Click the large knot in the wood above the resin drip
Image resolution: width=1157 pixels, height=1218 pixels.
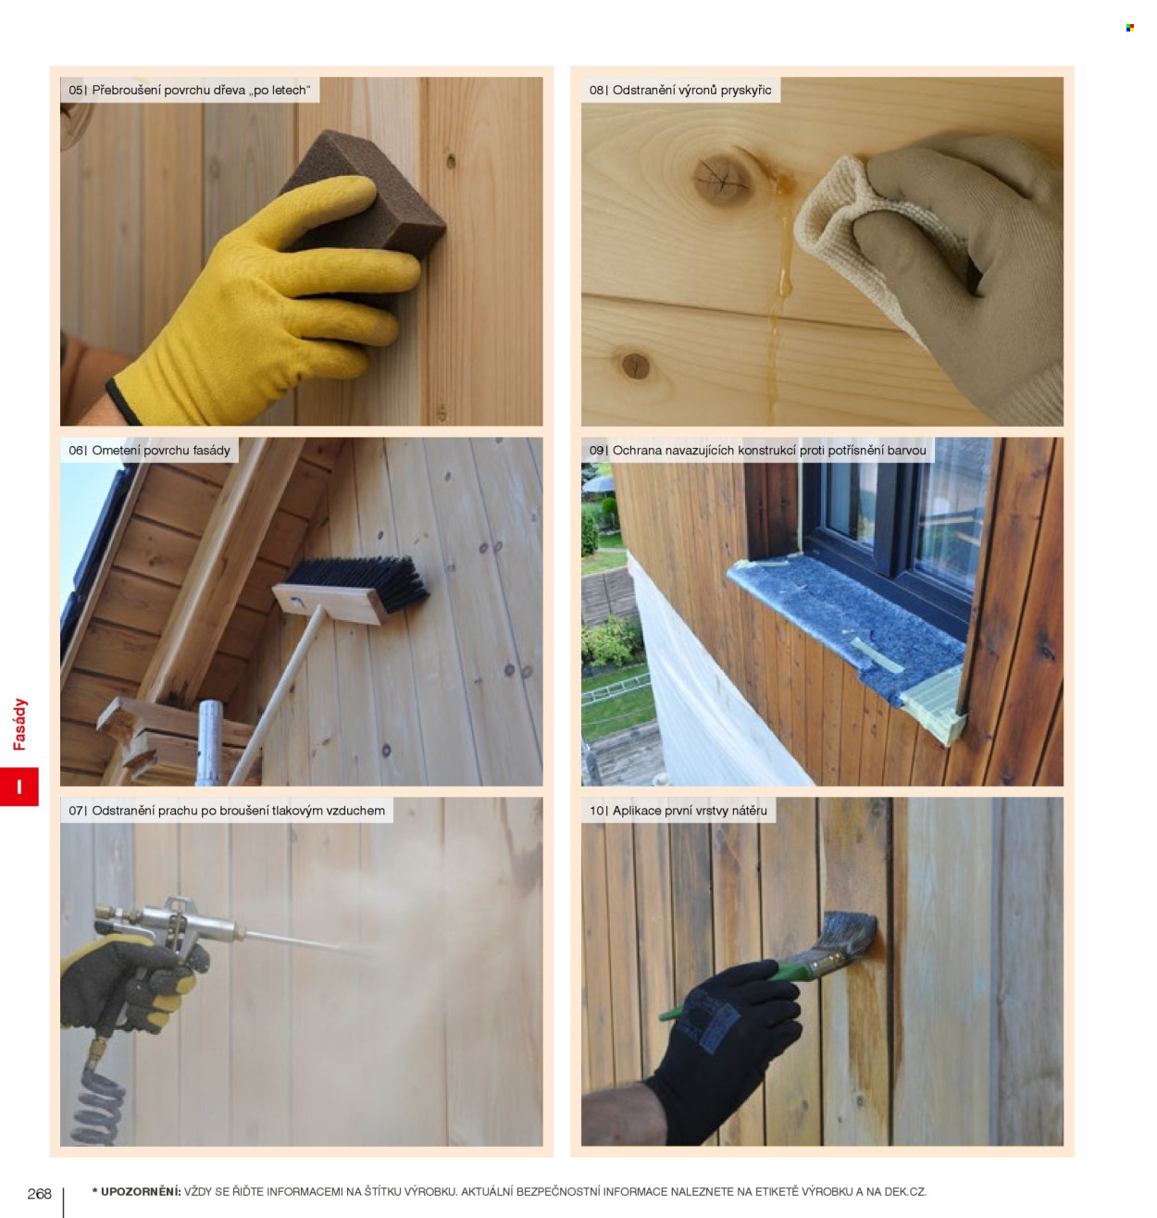point(721,179)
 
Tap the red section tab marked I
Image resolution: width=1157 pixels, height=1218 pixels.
point(19,786)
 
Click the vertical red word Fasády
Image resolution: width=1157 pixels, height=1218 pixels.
point(19,724)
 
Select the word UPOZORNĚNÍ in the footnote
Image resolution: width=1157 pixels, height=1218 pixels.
point(141,1191)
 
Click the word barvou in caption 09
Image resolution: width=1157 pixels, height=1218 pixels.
point(906,451)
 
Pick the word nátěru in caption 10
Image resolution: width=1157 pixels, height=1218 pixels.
point(748,811)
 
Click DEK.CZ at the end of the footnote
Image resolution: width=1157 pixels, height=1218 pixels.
point(905,1191)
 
